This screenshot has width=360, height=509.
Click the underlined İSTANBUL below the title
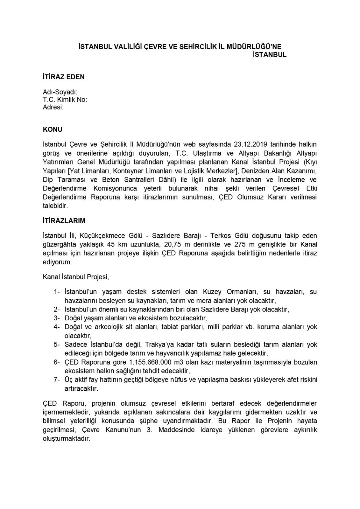point(269,55)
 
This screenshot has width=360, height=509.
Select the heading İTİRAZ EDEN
point(64,77)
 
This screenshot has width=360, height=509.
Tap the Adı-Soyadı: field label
point(60,92)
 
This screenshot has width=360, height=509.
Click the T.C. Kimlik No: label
point(65,100)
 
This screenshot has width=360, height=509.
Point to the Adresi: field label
point(53,107)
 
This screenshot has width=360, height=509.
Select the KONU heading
point(53,129)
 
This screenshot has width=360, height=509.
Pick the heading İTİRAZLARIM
point(64,220)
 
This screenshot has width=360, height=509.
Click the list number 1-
point(57,292)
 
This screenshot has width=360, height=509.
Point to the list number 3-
point(57,318)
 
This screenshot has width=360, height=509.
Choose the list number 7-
point(57,380)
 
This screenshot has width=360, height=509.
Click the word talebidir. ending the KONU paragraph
point(55,206)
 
